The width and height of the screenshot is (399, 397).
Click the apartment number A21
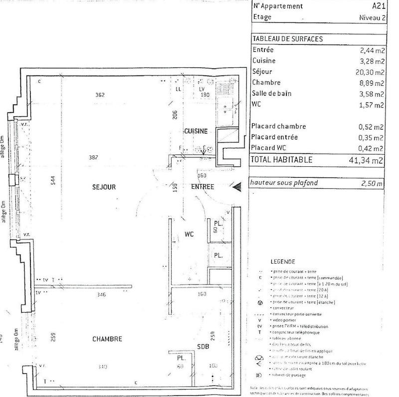point(379,6)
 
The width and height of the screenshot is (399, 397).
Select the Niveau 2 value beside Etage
point(372,17)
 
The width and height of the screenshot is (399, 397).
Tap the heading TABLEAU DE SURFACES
point(288,39)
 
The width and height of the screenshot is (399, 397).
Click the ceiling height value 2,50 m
point(372,183)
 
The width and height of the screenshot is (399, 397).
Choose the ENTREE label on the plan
point(202,187)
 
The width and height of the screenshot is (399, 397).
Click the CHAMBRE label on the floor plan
point(107,339)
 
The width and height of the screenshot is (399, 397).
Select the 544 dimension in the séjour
point(53,182)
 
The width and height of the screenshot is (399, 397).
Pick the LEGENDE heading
point(283,261)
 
